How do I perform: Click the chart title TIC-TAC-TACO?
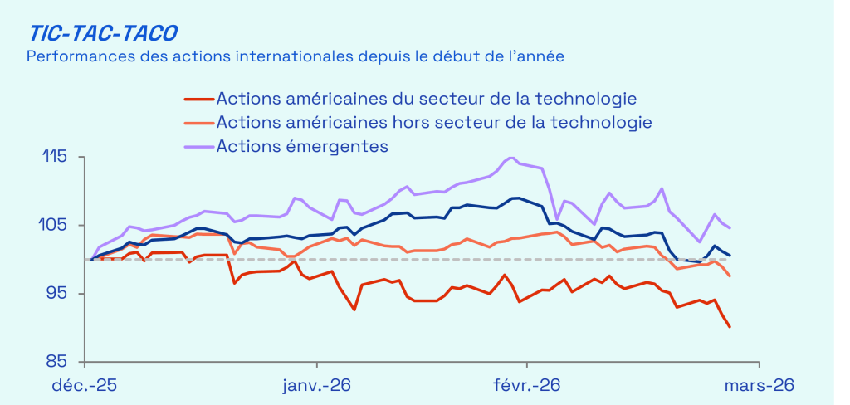[x=103, y=32]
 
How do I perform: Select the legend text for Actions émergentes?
[x=302, y=146]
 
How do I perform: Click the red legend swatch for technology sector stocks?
[x=198, y=99]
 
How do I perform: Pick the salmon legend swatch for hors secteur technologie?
[x=198, y=123]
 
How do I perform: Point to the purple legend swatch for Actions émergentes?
[x=198, y=146]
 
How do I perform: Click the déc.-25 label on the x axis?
[x=85, y=386]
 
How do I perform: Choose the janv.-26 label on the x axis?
[x=316, y=386]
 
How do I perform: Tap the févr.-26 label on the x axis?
[x=527, y=386]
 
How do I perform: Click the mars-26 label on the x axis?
[x=759, y=386]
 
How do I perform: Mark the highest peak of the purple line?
[x=510, y=158]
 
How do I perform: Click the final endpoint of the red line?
[x=730, y=327]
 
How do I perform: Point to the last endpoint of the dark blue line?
[x=730, y=255]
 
